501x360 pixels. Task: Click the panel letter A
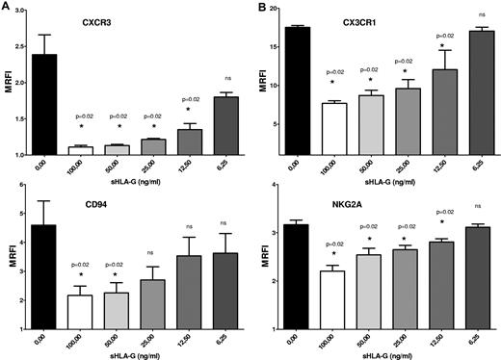[7, 8]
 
